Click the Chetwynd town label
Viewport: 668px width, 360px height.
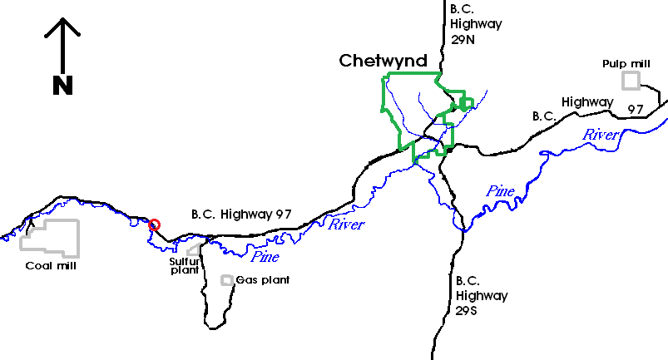[x=383, y=61]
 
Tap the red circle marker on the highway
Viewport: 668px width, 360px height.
[x=154, y=224]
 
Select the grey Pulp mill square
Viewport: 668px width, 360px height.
[x=632, y=80]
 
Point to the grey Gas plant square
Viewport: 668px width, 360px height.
[x=226, y=280]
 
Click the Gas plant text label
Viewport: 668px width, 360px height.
[x=263, y=280]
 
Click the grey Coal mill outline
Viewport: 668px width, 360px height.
[x=50, y=238]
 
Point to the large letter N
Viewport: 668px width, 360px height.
[x=62, y=84]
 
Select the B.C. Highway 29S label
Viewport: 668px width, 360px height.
[x=481, y=295]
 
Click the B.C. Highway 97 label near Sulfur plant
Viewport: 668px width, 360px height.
[x=241, y=214]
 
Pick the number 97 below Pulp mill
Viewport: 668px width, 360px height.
[x=636, y=109]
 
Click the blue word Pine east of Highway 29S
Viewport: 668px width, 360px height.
[x=501, y=191]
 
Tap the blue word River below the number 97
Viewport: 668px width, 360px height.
[x=600, y=135]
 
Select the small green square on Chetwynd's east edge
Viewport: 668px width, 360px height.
[x=466, y=103]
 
